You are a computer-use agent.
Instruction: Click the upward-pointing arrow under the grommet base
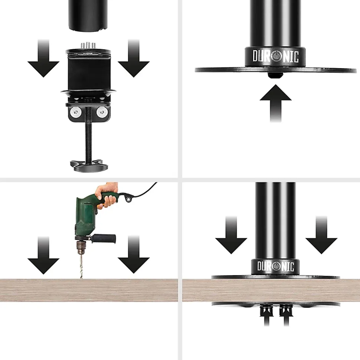tap(275, 103)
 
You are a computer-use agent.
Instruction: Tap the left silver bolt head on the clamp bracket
tap(75, 112)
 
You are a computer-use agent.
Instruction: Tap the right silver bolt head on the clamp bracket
tap(101, 112)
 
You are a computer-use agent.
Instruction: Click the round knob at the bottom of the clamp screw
tap(89, 166)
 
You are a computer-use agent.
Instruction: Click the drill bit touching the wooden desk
tap(81, 266)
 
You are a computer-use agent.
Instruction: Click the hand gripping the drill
tap(107, 194)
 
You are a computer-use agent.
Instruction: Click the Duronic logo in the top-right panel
tap(275, 56)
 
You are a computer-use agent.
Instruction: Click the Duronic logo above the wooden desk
tap(275, 266)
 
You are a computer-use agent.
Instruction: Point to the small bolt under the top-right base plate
tap(275, 75)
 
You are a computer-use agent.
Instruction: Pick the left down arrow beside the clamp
tap(43, 58)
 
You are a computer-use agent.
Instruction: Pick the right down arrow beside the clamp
tap(134, 58)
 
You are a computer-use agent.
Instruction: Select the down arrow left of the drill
tap(43, 255)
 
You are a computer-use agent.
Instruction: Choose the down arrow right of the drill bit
tap(134, 255)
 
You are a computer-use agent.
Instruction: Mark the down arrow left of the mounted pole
tap(231, 235)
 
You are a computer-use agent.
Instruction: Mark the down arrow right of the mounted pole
tap(321, 235)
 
